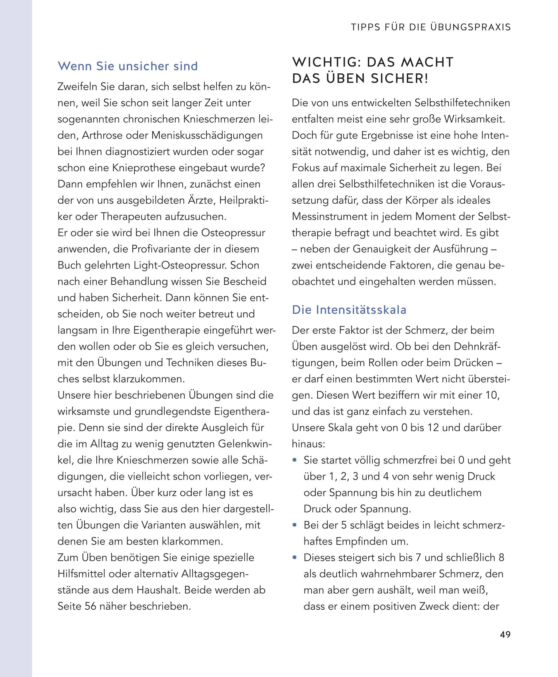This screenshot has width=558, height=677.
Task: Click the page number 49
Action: coord(505,635)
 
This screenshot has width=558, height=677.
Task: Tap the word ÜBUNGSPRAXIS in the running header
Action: coord(470,27)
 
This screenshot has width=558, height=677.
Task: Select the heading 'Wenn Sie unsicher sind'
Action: coord(127,66)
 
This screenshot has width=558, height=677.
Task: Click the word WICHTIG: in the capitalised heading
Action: coord(326,62)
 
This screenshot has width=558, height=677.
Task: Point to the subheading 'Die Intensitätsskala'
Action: coord(349,310)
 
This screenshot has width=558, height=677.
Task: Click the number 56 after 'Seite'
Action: coord(91,606)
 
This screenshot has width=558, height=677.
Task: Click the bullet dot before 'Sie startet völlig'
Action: coord(294,460)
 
